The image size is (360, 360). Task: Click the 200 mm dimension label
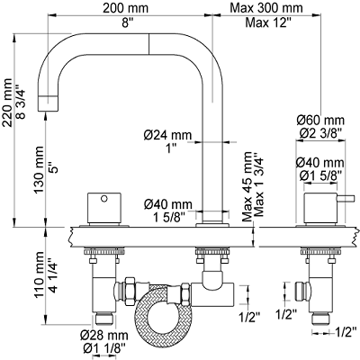pyautogui.click(x=125, y=8)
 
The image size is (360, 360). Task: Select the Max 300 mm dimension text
pyautogui.click(x=265, y=8)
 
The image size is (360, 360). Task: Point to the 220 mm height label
pyautogui.click(x=7, y=103)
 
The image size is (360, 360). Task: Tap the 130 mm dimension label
pyautogui.click(x=39, y=169)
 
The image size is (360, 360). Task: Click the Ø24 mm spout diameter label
pyautogui.click(x=167, y=135)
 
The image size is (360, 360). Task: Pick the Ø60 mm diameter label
pyautogui.click(x=320, y=121)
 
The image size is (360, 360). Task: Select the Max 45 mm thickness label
pyautogui.click(x=247, y=186)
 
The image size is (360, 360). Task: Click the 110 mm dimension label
pyautogui.click(x=39, y=275)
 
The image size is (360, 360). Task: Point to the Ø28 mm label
pyautogui.click(x=103, y=335)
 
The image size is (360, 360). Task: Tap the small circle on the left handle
pyautogui.click(x=104, y=199)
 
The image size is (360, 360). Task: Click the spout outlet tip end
pyautogui.click(x=48, y=111)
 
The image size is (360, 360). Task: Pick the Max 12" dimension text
pyautogui.click(x=268, y=22)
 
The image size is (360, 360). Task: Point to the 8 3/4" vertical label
pyautogui.click(x=22, y=103)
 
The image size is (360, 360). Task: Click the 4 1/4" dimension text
pyautogui.click(x=53, y=275)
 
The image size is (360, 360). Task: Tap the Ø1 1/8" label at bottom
pyautogui.click(x=103, y=349)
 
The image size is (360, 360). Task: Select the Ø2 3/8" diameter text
pyautogui.click(x=320, y=132)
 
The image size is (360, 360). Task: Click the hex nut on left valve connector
pyautogui.click(x=130, y=290)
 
